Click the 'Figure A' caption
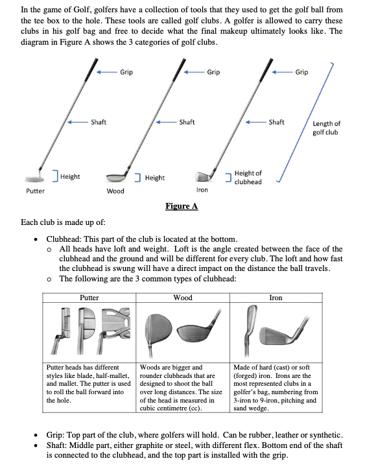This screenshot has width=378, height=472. [181, 206]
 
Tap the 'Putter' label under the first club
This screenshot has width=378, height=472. [35, 191]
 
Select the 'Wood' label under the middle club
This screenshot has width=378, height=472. [115, 191]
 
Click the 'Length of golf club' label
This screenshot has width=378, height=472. [326, 128]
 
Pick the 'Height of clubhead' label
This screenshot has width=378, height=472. [248, 177]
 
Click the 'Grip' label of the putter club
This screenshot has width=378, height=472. [126, 72]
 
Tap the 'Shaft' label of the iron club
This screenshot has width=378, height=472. [276, 122]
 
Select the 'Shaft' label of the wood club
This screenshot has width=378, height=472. [187, 122]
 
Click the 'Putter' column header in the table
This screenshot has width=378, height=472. [89, 298]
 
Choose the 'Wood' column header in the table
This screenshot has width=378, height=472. [182, 298]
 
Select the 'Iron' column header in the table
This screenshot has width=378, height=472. [276, 298]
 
